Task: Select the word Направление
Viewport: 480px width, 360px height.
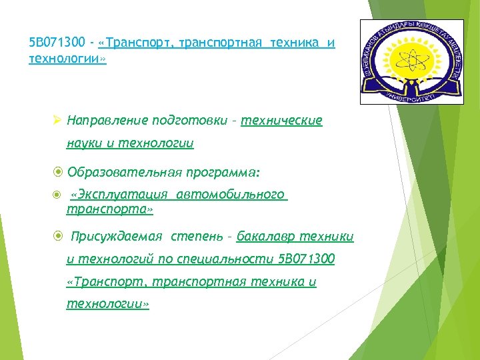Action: pos(108,121)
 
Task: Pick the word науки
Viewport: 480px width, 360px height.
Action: pos(84,143)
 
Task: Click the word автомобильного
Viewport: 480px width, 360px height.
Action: pos(231,195)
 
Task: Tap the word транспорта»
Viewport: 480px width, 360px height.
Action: pos(110,209)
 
